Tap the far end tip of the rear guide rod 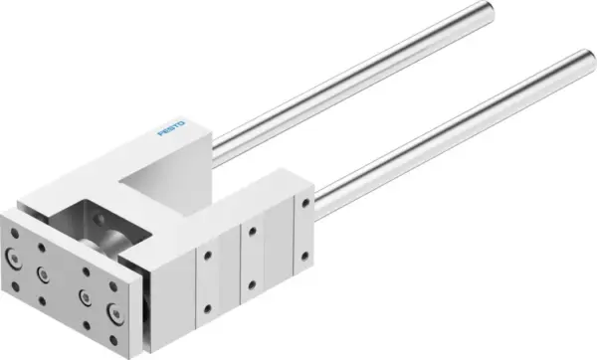click(x=461, y=11)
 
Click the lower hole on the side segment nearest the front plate click(x=208, y=305)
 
